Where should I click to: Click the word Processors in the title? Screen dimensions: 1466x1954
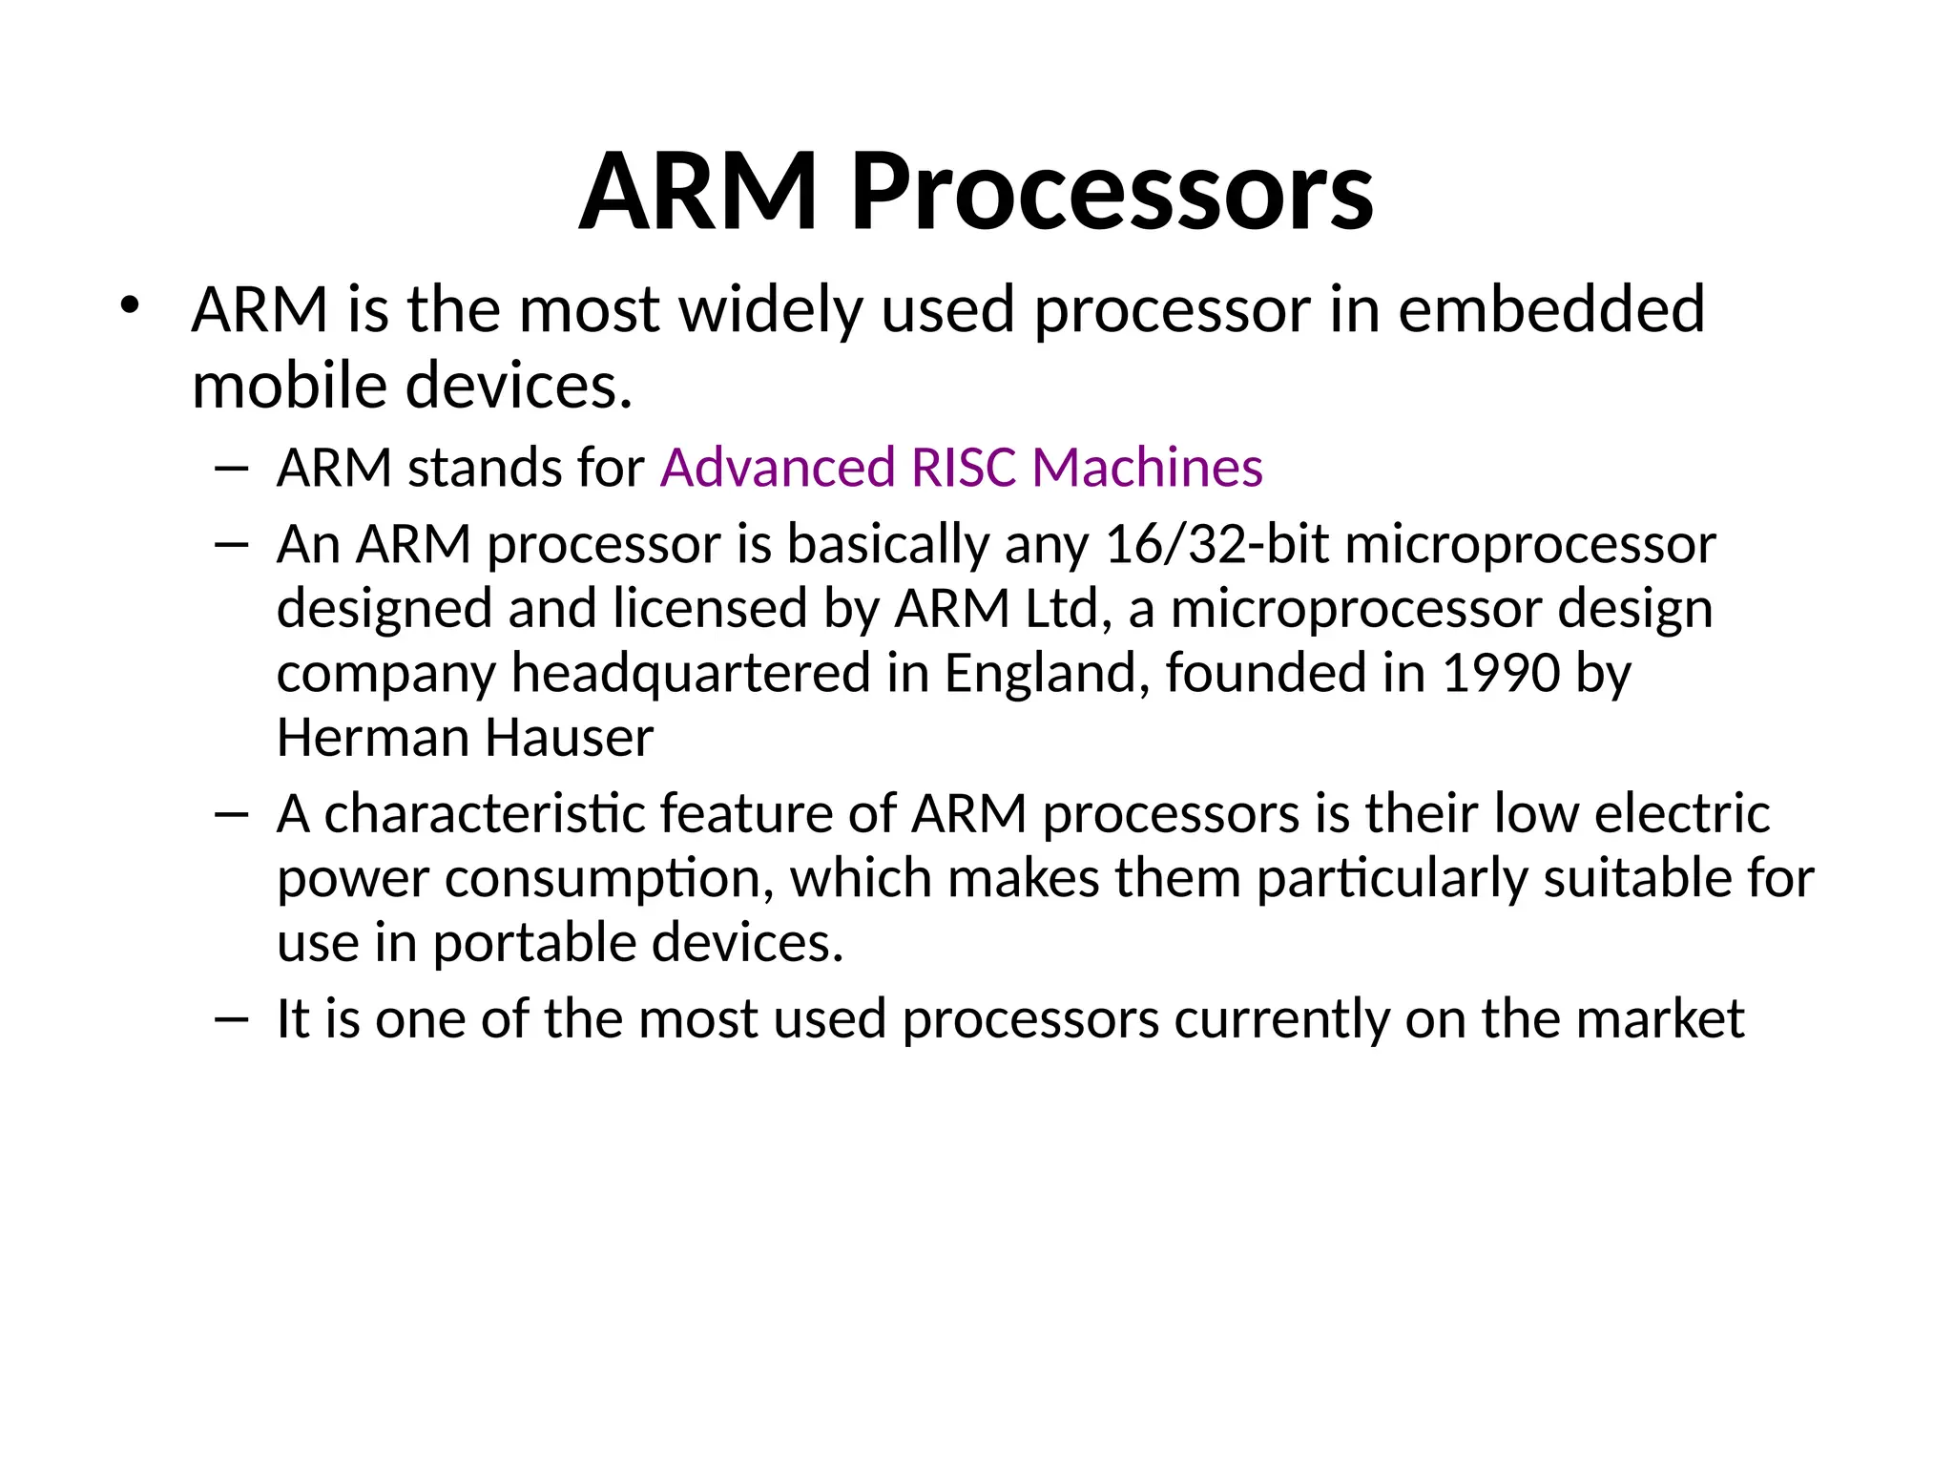(x=1112, y=193)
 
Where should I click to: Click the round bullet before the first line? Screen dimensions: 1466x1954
(x=130, y=306)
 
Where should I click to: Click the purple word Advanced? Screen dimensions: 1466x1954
(x=778, y=468)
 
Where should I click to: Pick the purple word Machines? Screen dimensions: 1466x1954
(x=1148, y=468)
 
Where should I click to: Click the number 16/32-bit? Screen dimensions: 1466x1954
(x=1216, y=545)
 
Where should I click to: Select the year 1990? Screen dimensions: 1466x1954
(x=1501, y=674)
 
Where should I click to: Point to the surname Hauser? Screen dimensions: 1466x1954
(x=569, y=738)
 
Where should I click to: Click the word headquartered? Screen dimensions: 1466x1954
(x=691, y=674)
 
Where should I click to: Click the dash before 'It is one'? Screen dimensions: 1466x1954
(x=232, y=1018)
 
